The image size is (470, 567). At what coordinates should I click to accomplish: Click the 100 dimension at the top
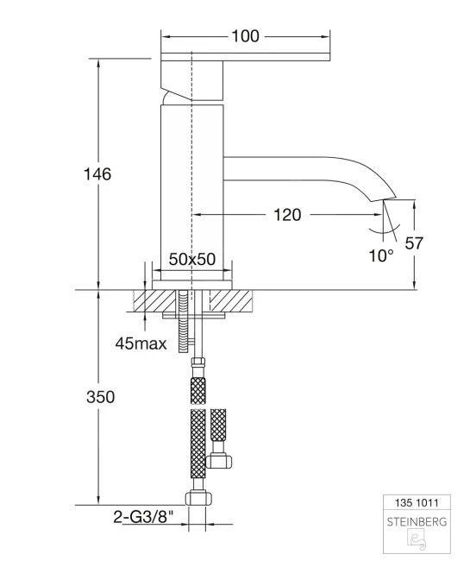point(246,36)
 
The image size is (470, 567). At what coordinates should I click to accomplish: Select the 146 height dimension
point(97,173)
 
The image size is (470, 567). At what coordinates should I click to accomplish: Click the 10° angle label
point(379,255)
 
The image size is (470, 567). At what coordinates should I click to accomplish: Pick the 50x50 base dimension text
point(191,260)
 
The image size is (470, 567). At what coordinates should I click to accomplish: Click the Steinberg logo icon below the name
point(417,540)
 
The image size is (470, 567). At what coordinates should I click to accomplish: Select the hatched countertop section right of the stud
point(232,301)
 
